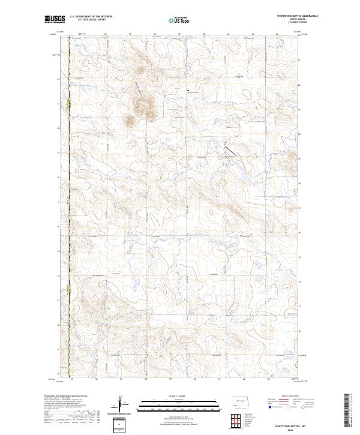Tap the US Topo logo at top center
179,19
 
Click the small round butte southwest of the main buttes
130,120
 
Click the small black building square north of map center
188,92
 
